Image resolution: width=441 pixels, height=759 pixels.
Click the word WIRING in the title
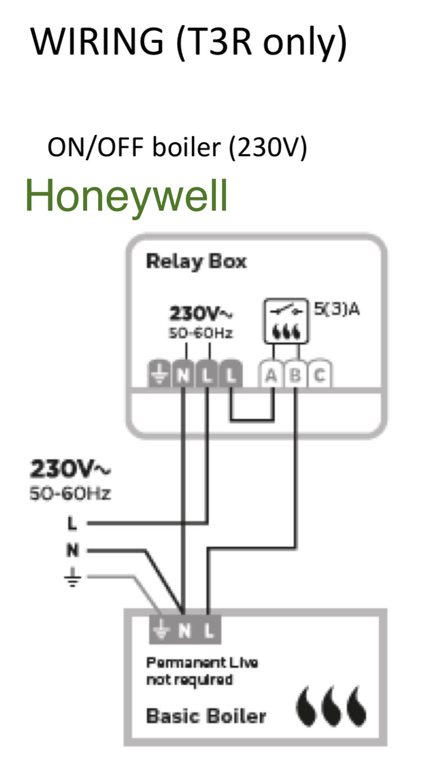tap(97, 41)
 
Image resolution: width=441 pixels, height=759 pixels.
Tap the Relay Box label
tap(196, 262)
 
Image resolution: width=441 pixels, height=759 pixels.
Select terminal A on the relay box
tap(271, 374)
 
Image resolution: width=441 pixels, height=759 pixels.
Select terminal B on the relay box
tap(295, 374)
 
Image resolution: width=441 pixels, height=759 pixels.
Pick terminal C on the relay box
tap(320, 374)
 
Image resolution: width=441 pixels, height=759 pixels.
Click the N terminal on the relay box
tap(183, 374)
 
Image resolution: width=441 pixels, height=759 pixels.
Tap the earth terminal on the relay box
tap(160, 374)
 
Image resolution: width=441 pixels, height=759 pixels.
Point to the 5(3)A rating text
tap(337, 309)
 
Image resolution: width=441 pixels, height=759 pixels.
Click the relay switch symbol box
tap(286, 321)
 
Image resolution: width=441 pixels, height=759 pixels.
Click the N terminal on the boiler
tap(184, 630)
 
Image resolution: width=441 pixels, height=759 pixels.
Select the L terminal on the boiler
tap(208, 630)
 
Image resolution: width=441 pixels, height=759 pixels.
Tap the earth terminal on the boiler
tap(161, 630)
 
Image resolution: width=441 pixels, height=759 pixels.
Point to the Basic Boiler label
tap(206, 716)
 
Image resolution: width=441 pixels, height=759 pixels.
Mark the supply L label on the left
tap(72, 523)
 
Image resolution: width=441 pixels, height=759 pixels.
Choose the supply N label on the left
tap(72, 549)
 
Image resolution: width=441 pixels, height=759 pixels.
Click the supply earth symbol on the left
tap(72, 577)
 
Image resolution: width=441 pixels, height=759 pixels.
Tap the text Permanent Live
tap(202, 662)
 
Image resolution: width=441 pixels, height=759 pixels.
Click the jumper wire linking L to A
tap(252, 420)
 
